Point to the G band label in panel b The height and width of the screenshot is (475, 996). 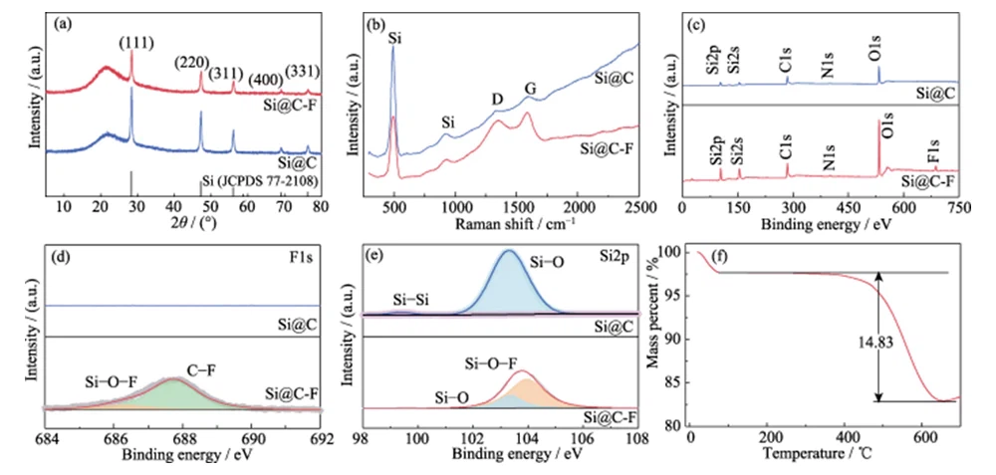point(531,89)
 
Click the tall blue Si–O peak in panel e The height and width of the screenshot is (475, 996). point(510,284)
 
